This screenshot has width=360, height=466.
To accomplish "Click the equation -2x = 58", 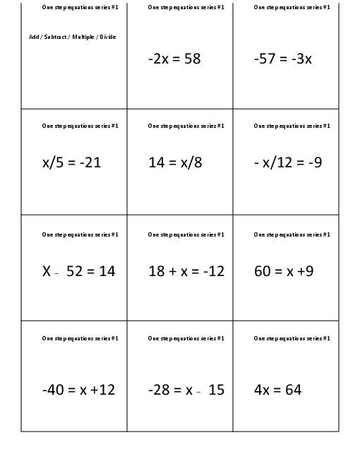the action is [x=174, y=59].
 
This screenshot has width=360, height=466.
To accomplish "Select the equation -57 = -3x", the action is [x=282, y=59].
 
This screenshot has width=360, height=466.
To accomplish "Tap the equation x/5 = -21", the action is [x=71, y=162].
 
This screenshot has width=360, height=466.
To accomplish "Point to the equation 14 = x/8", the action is [x=175, y=162].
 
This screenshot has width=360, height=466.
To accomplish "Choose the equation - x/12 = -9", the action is [x=287, y=162].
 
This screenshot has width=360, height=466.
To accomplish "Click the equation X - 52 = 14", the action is [x=78, y=270].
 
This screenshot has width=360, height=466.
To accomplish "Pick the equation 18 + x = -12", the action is [x=186, y=270].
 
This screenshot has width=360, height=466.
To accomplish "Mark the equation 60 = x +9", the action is [x=284, y=270].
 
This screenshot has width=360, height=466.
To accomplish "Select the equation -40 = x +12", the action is [x=78, y=389].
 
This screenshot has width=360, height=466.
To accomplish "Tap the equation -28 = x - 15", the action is [x=186, y=389].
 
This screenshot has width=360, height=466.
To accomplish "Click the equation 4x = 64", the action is [x=277, y=389].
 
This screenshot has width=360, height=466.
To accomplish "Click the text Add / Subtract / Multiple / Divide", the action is [x=72, y=37].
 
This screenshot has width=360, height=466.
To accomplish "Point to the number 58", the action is [x=193, y=59].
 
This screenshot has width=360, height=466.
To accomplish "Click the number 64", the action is [x=293, y=389].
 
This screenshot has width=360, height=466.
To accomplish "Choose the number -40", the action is [x=54, y=389].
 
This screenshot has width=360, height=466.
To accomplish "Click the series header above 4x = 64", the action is [x=292, y=339].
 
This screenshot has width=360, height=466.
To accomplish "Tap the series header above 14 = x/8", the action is [x=186, y=126].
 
